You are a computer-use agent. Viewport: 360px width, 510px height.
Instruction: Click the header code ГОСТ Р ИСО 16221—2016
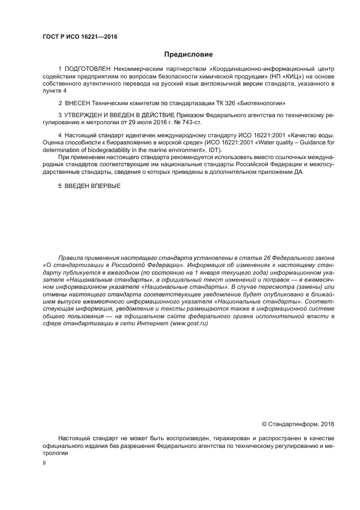click(80, 37)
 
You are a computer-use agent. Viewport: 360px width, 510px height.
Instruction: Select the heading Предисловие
click(188, 54)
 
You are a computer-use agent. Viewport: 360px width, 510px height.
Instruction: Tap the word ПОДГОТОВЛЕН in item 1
click(88, 70)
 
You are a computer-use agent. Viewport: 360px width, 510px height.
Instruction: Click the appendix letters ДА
click(297, 172)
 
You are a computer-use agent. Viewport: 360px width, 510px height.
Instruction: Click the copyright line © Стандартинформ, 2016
click(298, 423)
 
